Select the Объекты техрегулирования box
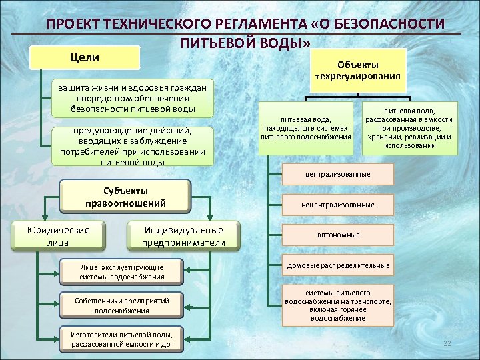click(x=358, y=71)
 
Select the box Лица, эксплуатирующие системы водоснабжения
click(x=121, y=271)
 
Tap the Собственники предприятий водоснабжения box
click(x=121, y=305)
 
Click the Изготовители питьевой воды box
click(x=121, y=339)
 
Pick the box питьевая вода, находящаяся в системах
click(x=307, y=127)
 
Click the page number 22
click(x=447, y=343)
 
